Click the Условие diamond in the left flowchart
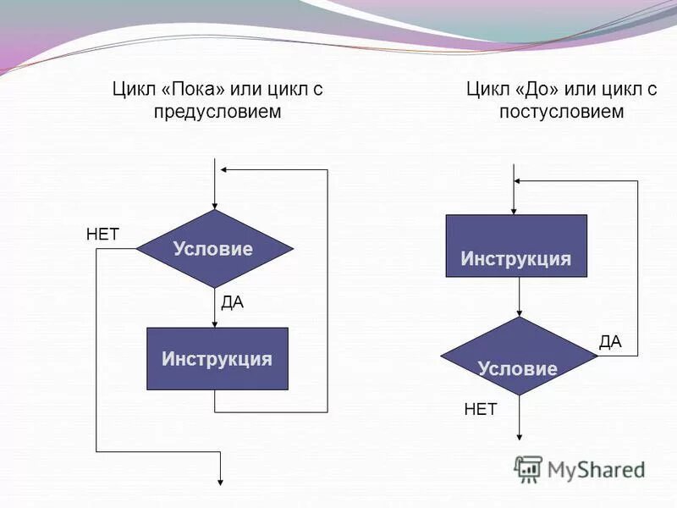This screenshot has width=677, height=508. [214, 249]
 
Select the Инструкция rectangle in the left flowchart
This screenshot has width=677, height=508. [217, 358]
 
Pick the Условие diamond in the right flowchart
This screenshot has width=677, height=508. [519, 356]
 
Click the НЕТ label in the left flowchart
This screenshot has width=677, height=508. [103, 235]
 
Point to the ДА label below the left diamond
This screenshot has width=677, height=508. [232, 302]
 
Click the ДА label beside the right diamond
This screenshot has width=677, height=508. [610, 342]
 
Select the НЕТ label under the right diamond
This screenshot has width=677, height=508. [481, 410]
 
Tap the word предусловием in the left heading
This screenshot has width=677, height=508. [217, 111]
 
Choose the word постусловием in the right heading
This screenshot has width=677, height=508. [561, 111]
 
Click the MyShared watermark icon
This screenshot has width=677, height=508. [528, 468]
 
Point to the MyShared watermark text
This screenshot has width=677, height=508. [597, 470]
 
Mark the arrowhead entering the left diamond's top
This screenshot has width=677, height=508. [215, 204]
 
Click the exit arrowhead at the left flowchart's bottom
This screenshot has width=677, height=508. [220, 479]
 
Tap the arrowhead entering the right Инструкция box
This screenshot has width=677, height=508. [515, 209]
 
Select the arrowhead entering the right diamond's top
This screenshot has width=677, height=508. [520, 312]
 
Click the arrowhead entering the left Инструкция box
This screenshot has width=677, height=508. [215, 322]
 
